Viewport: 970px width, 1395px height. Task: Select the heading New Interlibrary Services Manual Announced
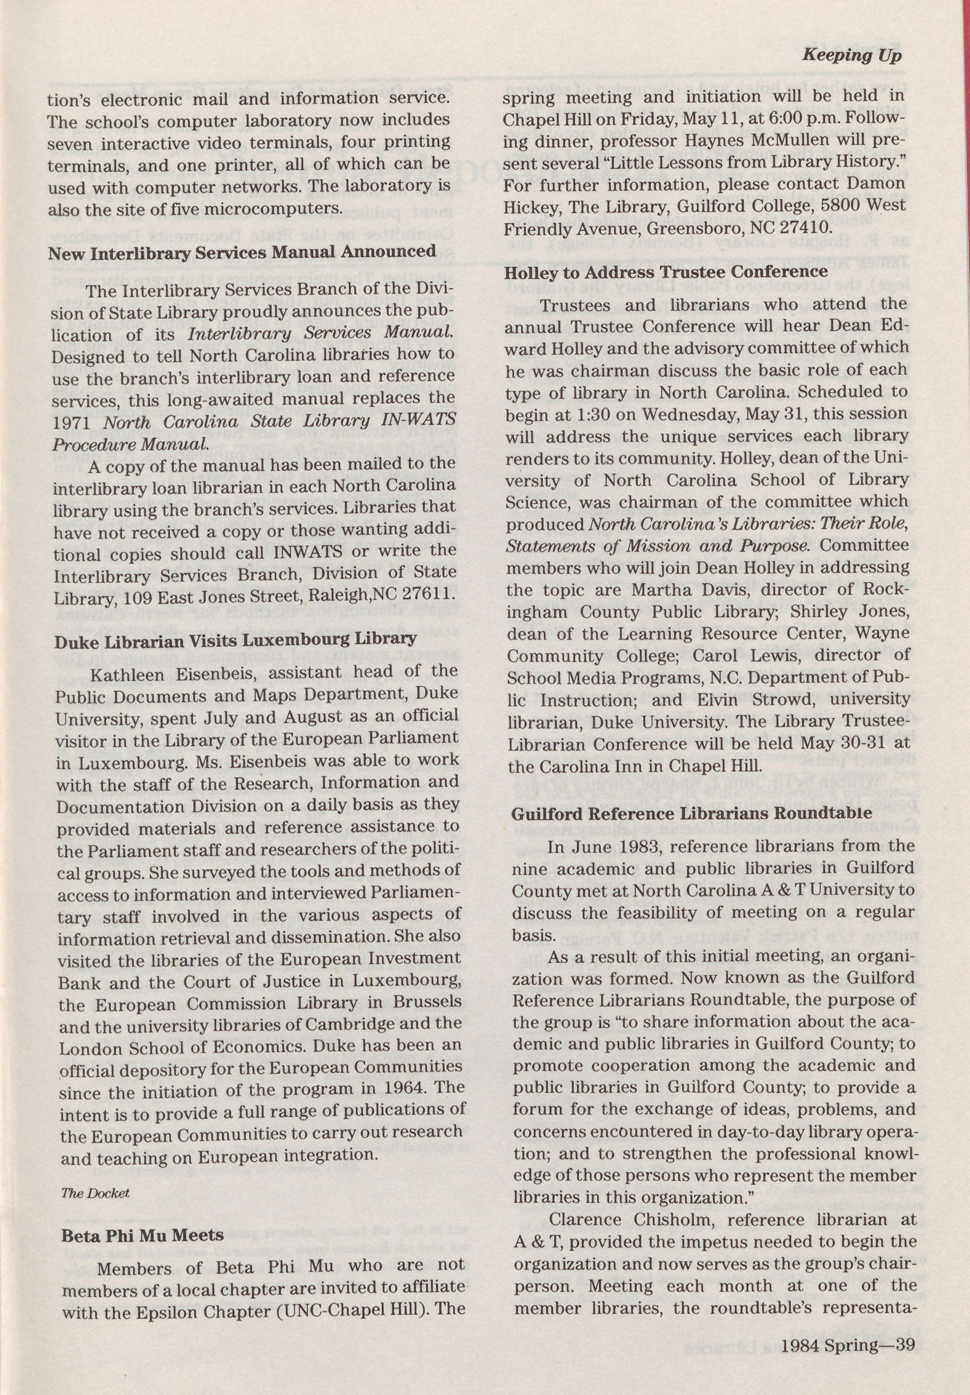coord(242,252)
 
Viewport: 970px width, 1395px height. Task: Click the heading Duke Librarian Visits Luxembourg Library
coord(235,639)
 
